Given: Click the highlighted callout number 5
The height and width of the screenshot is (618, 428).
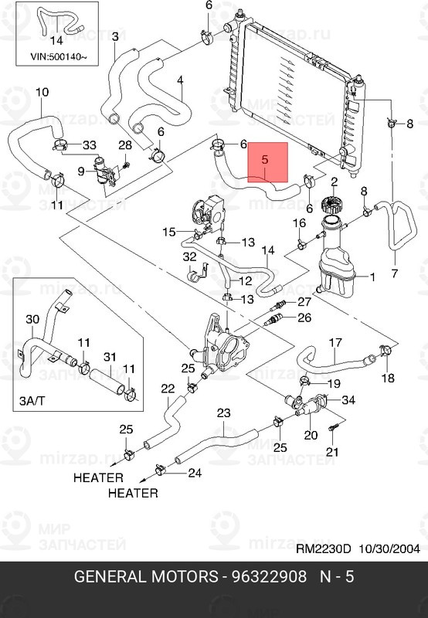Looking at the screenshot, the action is coord(265,160).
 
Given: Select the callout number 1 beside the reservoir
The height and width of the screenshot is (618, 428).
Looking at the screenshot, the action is coord(372,277).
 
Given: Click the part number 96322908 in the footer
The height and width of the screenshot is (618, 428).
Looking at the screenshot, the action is coord(268,576).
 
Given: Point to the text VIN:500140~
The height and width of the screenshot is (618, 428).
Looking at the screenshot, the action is coord(59,56).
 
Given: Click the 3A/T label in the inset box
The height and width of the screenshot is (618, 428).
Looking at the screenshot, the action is coord(32,401).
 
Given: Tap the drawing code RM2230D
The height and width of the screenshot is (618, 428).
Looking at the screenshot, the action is coord(323,548).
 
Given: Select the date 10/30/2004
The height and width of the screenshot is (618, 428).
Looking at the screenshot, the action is coord(389,548).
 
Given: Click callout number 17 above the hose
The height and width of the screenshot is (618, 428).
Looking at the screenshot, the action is coord(335,342).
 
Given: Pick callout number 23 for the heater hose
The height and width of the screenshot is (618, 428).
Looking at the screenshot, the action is coord(223,413).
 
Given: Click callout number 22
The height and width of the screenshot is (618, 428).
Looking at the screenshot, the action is coord(168,389).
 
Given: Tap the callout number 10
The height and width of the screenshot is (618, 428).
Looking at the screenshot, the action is coord(42,92).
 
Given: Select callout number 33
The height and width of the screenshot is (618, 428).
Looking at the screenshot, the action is coord(90,145).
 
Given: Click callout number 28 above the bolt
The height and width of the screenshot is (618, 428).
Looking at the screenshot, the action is coord(125,144).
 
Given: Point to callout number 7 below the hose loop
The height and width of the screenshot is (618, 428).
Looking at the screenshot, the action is coord(395,273).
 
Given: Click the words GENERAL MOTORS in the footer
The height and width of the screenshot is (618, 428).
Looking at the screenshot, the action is coord(145,576).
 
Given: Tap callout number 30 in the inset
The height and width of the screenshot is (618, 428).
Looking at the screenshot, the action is coord(32,319).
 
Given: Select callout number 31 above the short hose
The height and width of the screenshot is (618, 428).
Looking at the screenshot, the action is coord(110,357).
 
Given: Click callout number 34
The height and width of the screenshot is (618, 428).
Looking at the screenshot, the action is coord(348,400).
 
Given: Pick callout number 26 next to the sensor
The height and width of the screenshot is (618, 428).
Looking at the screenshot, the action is coord(304,317).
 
